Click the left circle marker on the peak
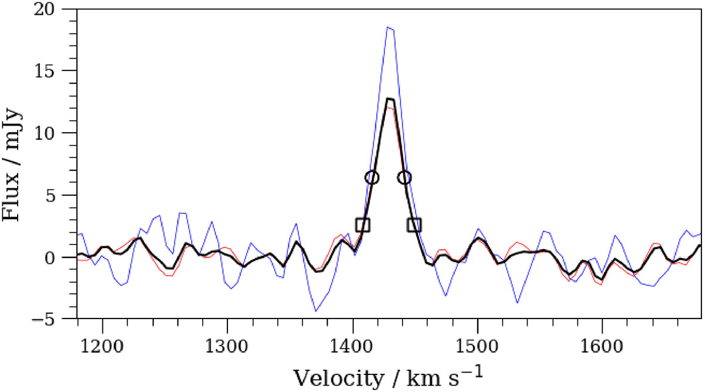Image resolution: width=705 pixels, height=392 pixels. coord(372,177)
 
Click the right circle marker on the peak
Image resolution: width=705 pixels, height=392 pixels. coord(404,177)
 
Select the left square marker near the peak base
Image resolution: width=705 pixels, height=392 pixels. coord(362,225)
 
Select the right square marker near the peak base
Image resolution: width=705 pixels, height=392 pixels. coord(414,225)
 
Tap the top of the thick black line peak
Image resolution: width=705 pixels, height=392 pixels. coord(389,99)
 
